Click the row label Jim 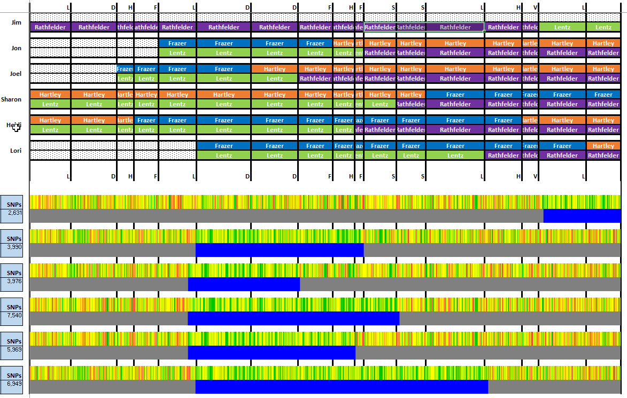tap(16, 22)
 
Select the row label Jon tap(16, 48)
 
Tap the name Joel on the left tap(16, 74)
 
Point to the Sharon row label tap(11, 99)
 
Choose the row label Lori tap(16, 151)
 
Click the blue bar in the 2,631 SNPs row tap(582, 216)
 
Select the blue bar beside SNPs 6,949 tap(342, 387)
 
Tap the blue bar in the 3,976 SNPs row tap(244, 284)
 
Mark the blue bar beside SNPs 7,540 tap(293, 318)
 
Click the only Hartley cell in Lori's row tap(603, 146)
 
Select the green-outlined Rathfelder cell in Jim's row tap(455, 27)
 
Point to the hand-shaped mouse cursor tap(16, 127)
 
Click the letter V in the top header tap(536, 7)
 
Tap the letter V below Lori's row tap(536, 176)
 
